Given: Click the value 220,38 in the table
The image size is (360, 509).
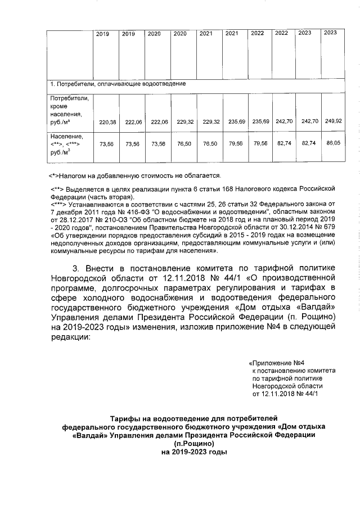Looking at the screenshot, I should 107,122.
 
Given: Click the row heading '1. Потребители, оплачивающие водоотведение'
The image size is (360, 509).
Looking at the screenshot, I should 118,84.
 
